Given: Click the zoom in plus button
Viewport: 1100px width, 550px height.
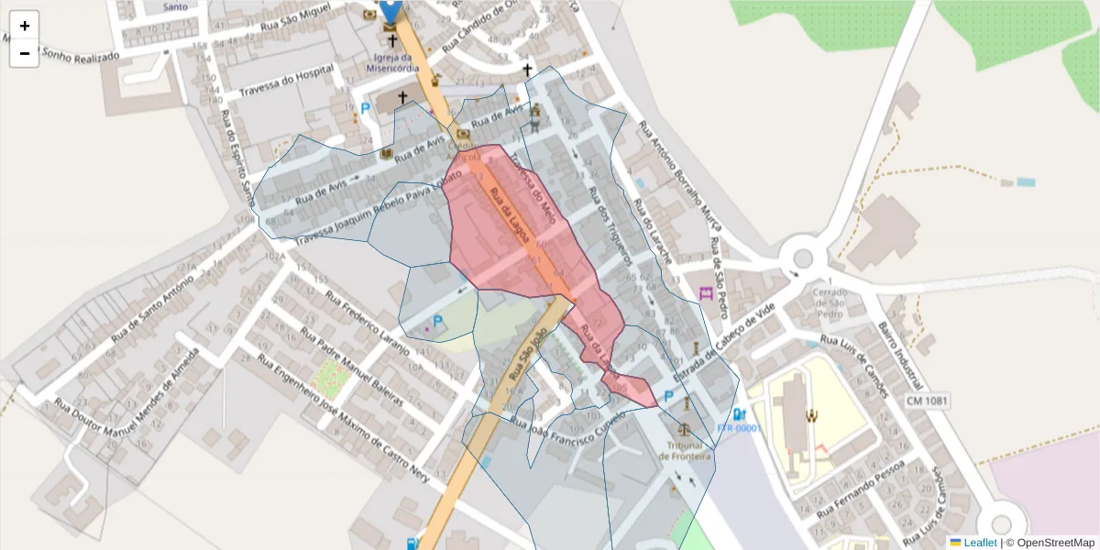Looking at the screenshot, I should point(25,26).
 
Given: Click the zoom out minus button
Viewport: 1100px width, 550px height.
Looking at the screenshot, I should point(25,53).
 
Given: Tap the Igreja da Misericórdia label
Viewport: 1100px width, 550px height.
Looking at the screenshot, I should point(392,62).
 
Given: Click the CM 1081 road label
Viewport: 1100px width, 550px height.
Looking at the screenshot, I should point(927,401).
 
